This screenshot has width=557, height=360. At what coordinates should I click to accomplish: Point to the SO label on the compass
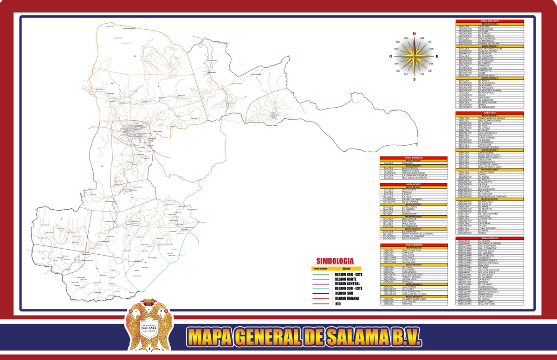[398, 71]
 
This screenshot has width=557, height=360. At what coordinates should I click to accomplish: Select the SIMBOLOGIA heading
[335, 261]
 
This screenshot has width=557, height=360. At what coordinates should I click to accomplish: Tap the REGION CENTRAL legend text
[347, 283]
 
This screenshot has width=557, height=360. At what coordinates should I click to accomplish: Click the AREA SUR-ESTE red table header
[490, 21]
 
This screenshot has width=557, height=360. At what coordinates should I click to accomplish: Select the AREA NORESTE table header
[413, 158]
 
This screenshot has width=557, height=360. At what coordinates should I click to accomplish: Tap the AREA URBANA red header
[490, 238]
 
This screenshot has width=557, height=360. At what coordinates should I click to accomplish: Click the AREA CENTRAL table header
[413, 244]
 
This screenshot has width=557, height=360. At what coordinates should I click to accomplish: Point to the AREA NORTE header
[413, 185]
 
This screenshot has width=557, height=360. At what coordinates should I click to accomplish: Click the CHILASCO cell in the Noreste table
[408, 163]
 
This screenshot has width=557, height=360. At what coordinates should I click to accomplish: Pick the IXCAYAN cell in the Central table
[408, 304]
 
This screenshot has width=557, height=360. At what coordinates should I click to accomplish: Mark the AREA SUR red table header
[490, 113]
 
